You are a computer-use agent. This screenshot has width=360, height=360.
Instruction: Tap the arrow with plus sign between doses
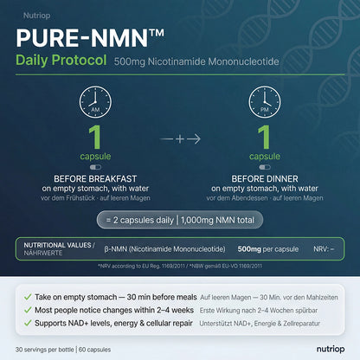[180, 135]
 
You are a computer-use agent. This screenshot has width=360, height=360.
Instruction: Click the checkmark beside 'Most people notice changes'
[29, 310]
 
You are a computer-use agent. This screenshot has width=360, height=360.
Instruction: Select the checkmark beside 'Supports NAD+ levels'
[29, 324]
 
